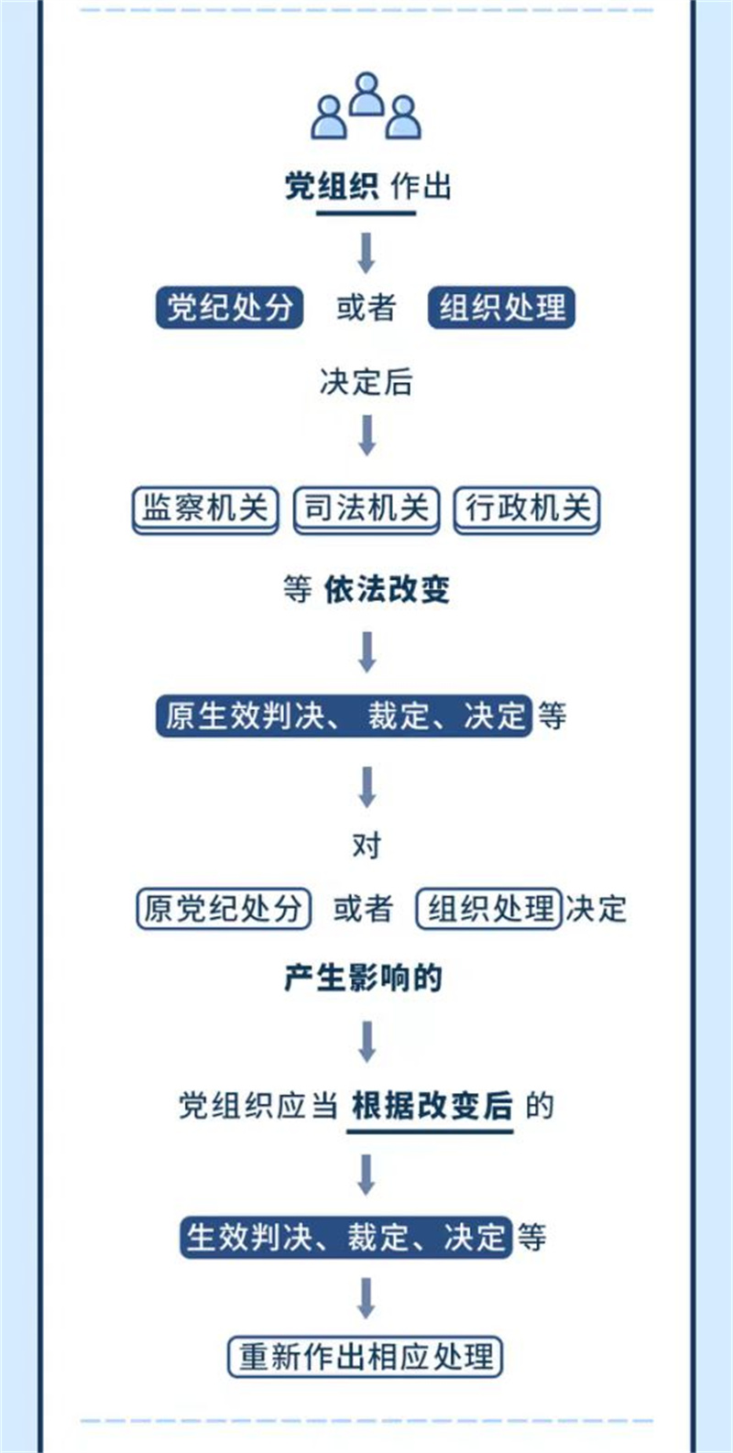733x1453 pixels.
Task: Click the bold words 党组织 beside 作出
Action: (331, 187)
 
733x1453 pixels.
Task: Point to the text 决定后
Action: (366, 382)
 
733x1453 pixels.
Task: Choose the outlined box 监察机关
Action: (205, 508)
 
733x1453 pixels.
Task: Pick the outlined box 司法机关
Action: (366, 508)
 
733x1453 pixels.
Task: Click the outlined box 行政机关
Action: (527, 508)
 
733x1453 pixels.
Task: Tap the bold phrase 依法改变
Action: (387, 589)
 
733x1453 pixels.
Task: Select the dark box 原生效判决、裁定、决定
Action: (344, 716)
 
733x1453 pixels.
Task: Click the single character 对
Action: (366, 846)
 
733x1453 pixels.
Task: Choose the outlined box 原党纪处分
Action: (224, 909)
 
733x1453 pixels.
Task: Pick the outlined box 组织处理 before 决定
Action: (488, 909)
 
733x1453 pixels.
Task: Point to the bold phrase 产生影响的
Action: (364, 978)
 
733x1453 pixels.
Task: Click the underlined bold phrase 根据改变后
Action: (432, 1106)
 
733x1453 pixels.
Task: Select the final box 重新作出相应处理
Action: (366, 1357)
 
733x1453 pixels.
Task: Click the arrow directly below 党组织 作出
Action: (366, 253)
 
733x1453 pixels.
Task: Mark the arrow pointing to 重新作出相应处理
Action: (366, 1297)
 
